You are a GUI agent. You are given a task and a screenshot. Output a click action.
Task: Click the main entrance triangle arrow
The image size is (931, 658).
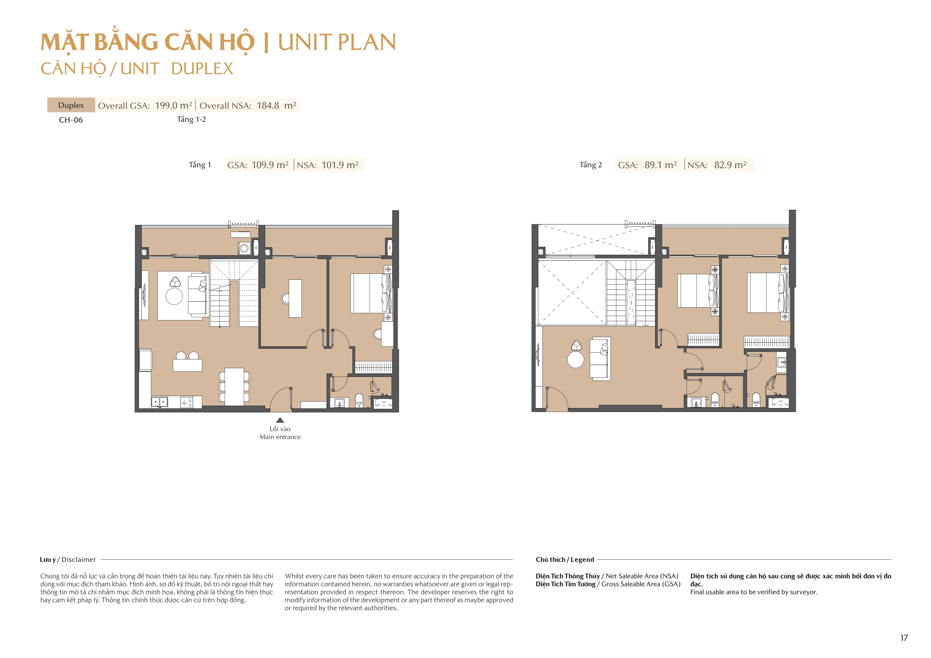[280, 420]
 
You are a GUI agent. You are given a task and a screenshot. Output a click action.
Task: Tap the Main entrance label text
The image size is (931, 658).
[280, 437]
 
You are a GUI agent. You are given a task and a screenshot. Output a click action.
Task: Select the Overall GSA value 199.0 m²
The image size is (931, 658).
[173, 105]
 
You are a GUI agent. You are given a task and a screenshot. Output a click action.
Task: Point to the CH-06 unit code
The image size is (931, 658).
[70, 120]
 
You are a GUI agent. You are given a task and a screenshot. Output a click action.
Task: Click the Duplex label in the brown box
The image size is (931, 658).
[71, 105]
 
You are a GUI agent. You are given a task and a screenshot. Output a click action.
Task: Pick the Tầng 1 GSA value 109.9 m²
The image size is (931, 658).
[270, 165]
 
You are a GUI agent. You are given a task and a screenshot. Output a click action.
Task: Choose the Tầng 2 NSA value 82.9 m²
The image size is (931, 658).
[730, 165]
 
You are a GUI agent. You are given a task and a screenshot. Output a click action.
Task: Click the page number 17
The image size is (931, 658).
[904, 638]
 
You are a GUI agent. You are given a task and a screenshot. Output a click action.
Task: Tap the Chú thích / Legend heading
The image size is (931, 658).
[564, 560]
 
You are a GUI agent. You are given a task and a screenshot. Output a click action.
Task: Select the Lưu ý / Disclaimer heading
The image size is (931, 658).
[68, 560]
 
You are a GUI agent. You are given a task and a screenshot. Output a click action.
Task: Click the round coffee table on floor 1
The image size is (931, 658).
[174, 297]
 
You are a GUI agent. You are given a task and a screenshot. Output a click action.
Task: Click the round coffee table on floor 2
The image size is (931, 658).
[575, 359]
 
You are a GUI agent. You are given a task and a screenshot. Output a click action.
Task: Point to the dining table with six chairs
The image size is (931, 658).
[235, 387]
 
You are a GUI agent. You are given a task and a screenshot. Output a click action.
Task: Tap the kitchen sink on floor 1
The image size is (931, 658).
[159, 402]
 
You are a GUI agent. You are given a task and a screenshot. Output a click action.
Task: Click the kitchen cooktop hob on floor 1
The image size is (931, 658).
[186, 402]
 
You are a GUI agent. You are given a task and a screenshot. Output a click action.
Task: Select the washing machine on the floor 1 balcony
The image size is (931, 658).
[244, 248]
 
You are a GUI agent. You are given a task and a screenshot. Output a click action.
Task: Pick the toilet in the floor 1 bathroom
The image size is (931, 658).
[359, 400]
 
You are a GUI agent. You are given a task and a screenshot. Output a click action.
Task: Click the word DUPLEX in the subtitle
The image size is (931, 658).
[202, 69]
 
